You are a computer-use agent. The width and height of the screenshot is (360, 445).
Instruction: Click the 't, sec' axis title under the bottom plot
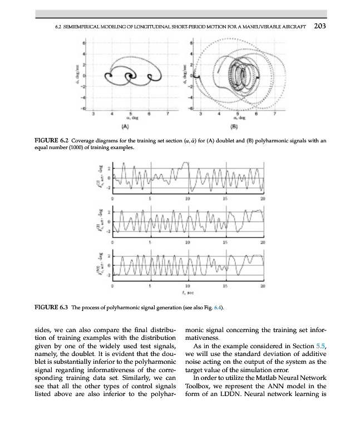pos(190,291)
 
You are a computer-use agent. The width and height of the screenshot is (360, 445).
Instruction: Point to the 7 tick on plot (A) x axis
pos(166,113)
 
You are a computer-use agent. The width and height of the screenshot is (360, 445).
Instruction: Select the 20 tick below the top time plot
pos(262,197)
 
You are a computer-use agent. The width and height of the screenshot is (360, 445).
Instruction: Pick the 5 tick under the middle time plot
pos(150,242)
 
